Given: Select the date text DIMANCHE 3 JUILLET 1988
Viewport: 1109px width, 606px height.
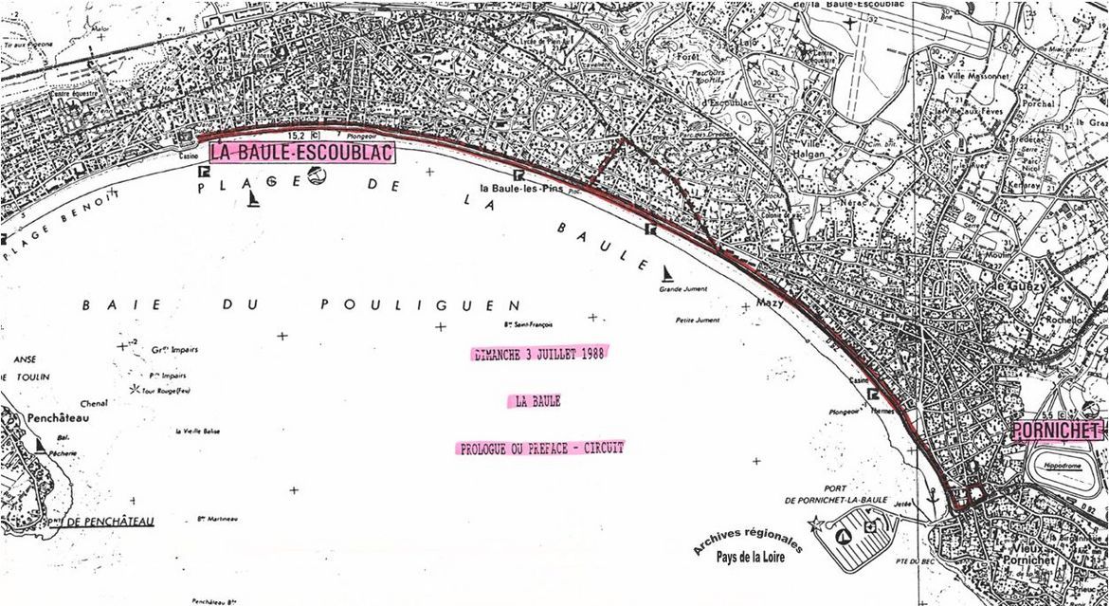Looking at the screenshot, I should coord(538,354).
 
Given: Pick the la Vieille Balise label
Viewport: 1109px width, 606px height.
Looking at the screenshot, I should coord(197,432).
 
